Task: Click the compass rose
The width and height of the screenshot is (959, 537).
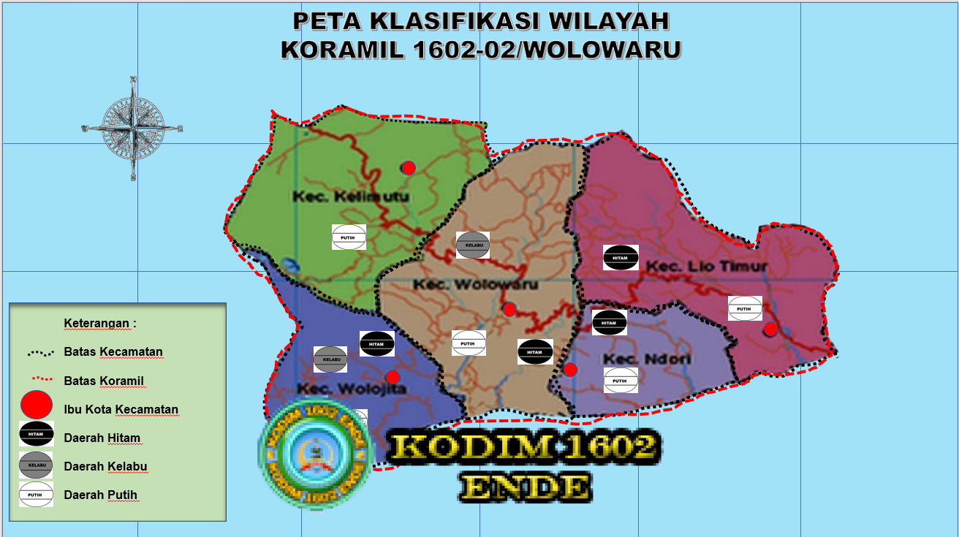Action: click(132, 128)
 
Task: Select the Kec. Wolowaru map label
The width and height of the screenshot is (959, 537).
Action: click(475, 284)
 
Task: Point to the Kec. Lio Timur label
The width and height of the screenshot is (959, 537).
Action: click(706, 267)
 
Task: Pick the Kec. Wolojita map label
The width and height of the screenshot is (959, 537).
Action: click(351, 388)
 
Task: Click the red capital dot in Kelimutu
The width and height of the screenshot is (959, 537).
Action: click(409, 168)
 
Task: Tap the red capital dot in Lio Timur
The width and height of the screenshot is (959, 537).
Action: click(770, 329)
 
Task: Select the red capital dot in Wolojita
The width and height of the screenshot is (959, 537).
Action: click(393, 377)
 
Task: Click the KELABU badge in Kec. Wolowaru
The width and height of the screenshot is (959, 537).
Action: click(472, 245)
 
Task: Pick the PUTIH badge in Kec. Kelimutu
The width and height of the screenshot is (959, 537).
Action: click(349, 237)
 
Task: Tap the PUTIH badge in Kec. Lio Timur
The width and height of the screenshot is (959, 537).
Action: click(745, 308)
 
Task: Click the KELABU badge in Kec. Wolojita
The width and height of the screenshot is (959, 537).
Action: click(330, 359)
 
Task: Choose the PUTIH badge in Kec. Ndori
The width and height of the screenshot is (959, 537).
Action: click(621, 380)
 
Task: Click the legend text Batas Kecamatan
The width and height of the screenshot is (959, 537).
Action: click(113, 352)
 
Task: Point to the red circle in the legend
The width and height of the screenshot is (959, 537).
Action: click(36, 405)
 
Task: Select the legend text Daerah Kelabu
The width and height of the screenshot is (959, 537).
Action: click(106, 466)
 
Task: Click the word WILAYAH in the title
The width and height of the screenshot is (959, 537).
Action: click(608, 21)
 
